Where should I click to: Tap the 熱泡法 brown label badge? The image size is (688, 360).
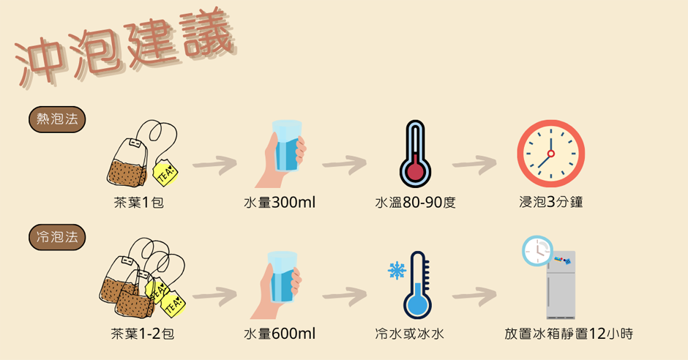pos(57,119)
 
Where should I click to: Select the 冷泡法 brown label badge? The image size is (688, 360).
pos(57,236)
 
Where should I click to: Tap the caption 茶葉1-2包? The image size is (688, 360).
pos(143,334)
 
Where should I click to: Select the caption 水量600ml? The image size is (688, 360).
pos(280,334)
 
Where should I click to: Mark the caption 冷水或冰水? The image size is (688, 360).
pos(409,334)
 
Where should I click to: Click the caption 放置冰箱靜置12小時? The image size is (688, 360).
pos(569,334)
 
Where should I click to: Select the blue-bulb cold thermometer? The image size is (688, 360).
pos(417,285)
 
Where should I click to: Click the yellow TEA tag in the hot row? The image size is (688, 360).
pos(165,173)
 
